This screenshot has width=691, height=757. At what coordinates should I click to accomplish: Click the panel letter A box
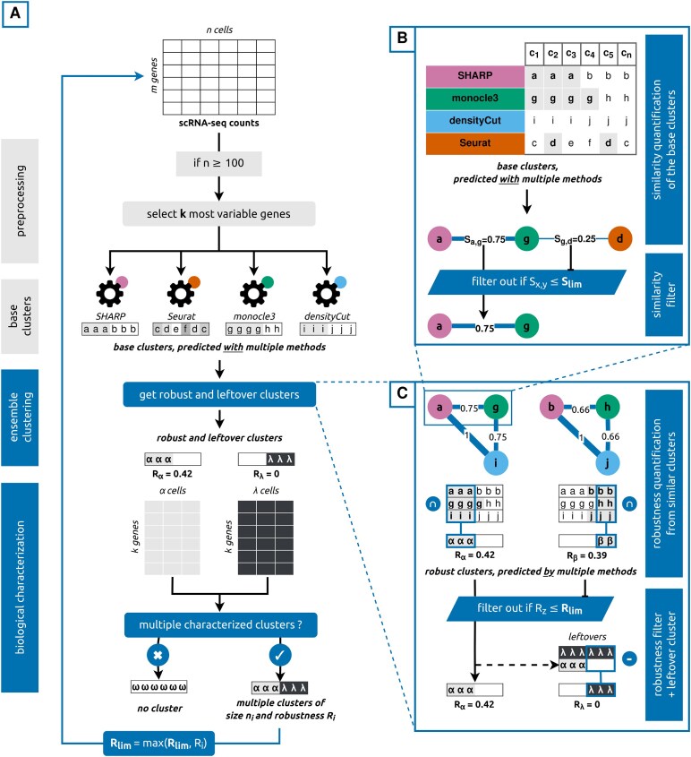click(15, 14)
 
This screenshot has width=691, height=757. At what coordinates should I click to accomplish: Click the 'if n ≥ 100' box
click(219, 163)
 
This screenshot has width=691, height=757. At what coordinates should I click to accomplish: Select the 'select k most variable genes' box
click(219, 214)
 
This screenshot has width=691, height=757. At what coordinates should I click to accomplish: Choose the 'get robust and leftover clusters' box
click(219, 394)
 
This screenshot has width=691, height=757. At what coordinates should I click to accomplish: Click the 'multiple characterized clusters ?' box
click(220, 624)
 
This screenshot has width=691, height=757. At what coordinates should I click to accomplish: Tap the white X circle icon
click(158, 655)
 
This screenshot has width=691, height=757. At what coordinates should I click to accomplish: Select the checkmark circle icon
click(280, 655)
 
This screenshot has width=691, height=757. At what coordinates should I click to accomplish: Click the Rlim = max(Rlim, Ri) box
click(158, 744)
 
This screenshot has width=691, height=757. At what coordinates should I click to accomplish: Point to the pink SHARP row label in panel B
click(475, 76)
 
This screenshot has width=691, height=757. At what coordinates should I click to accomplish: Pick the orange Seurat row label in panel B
click(475, 143)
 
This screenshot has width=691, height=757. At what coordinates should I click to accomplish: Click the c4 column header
click(589, 54)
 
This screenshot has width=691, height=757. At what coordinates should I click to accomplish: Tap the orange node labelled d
click(619, 238)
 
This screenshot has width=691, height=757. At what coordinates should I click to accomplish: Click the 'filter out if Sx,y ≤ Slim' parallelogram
click(527, 282)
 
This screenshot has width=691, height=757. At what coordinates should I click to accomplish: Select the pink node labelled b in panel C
click(551, 407)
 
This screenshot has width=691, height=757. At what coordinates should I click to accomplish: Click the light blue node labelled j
click(607, 463)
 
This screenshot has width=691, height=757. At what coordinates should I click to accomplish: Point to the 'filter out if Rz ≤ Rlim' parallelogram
click(530, 608)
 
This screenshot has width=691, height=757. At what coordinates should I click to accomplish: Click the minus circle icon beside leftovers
click(629, 658)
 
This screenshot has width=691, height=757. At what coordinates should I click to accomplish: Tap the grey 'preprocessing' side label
click(20, 201)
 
